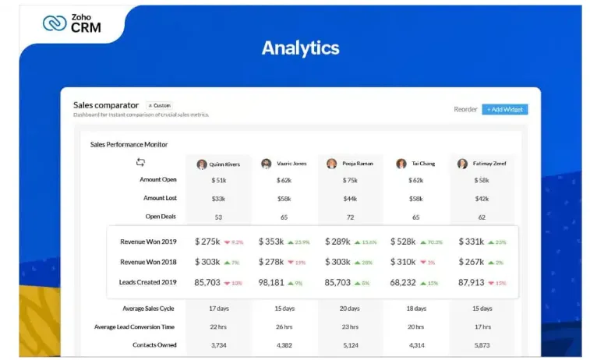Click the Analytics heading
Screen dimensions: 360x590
[x=300, y=48]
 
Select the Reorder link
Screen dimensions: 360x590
[x=465, y=109]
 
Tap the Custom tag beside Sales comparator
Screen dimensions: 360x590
[x=159, y=105]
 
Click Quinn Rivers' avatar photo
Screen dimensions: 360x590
[x=202, y=164]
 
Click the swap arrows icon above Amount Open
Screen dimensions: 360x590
[x=140, y=162]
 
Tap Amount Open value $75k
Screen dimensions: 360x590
[x=350, y=180]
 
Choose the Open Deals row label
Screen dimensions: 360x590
[x=161, y=217]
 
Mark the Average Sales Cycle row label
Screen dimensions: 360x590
[x=149, y=308]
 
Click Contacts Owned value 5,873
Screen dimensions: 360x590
[x=482, y=344]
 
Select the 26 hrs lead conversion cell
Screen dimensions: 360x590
[x=284, y=326]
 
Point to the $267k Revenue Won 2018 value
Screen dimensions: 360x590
[x=473, y=263]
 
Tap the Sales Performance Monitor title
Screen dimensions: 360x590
[x=129, y=144]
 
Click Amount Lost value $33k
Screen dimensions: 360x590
[x=218, y=199]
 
